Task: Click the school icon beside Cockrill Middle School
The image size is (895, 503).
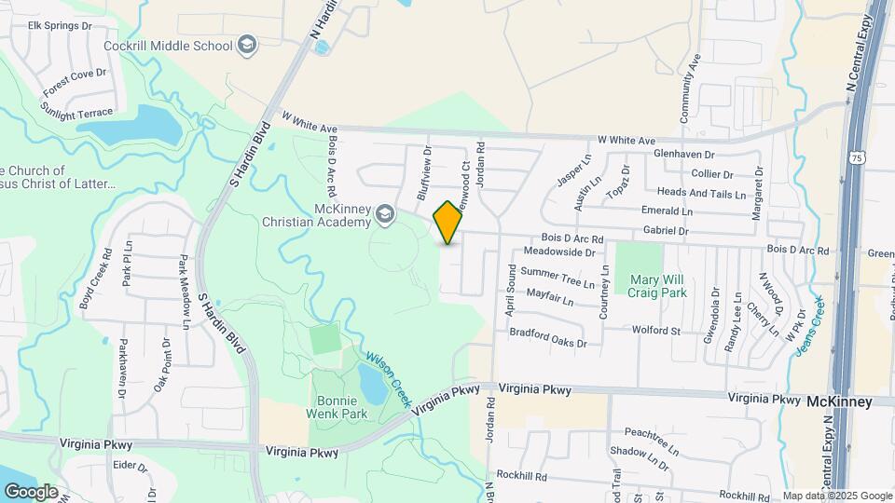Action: point(247,44)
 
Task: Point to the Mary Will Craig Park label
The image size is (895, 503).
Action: point(658,285)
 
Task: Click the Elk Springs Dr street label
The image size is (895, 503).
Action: point(61,25)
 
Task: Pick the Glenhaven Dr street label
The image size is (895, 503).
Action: point(683,155)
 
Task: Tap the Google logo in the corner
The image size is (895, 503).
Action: point(31,491)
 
